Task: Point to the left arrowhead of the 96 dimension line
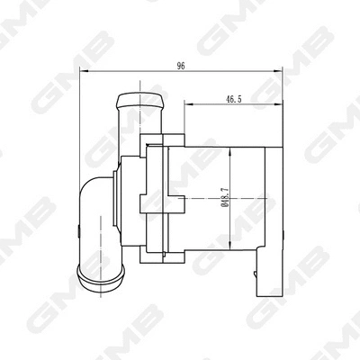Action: pos(84,75)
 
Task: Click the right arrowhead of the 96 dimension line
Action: pos(281,75)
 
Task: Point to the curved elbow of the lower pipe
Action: pos(90,194)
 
